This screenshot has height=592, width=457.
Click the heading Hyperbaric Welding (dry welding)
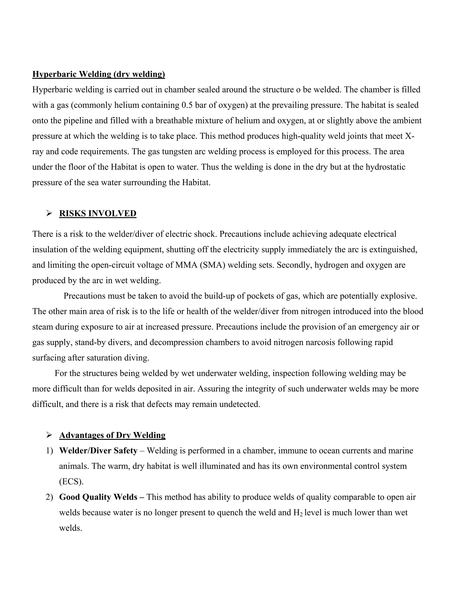[x=99, y=74]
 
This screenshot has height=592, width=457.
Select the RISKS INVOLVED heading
[x=98, y=214]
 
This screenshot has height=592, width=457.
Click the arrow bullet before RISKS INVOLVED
[x=49, y=214]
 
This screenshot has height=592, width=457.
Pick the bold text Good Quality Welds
[x=98, y=497]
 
